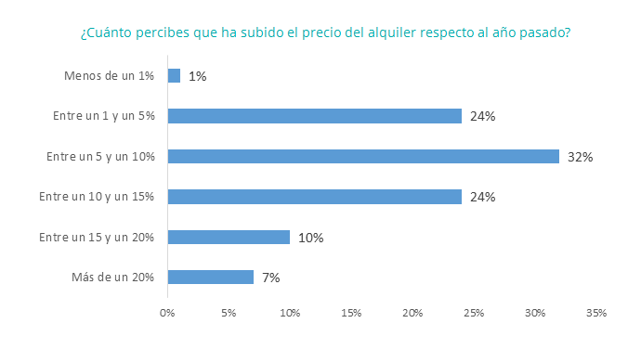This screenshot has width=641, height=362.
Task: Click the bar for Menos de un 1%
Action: tap(174, 76)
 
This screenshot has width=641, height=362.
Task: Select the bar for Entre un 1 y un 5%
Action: tap(314, 116)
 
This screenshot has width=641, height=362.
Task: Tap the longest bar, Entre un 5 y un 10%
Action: tap(363, 156)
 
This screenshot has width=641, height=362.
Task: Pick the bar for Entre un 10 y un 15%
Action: tap(314, 197)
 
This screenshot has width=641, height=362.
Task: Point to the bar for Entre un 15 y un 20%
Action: tap(229, 237)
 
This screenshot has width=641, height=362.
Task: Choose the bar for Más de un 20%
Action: tap(210, 277)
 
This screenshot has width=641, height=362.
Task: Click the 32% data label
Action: tap(581, 157)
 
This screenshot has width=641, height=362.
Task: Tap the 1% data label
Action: tap(197, 76)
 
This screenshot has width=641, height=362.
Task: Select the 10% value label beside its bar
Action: tap(310, 238)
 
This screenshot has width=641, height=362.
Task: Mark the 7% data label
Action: tap(270, 278)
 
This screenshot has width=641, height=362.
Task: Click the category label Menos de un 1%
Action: tap(110, 76)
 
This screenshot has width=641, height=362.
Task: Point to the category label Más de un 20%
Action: tap(113, 277)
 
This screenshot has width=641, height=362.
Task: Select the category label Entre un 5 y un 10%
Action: tap(100, 157)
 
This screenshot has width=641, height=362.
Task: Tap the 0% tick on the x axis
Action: tap(167, 313)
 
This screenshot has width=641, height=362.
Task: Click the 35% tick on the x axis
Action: tap(596, 313)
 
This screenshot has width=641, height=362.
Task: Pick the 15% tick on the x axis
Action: tap(351, 313)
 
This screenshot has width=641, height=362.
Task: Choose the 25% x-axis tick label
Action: tap(474, 313)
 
